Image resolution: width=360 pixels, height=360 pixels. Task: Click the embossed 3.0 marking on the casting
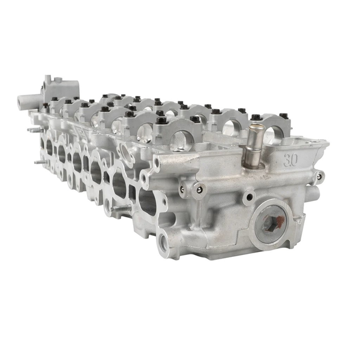coord(291,160)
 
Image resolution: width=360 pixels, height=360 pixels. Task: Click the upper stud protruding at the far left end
coord(31,129)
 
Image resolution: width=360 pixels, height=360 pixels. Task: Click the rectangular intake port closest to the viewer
coord(146,195)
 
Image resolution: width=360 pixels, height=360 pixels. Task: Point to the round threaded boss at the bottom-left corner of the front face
coord(163,242)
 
